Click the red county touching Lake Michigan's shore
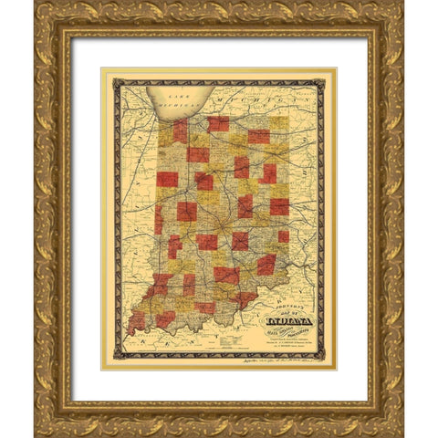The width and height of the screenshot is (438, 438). pos(180,131)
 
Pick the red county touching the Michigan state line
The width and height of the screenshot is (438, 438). pos(218,123)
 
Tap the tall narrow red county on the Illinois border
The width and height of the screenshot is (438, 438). pos(159,220)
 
